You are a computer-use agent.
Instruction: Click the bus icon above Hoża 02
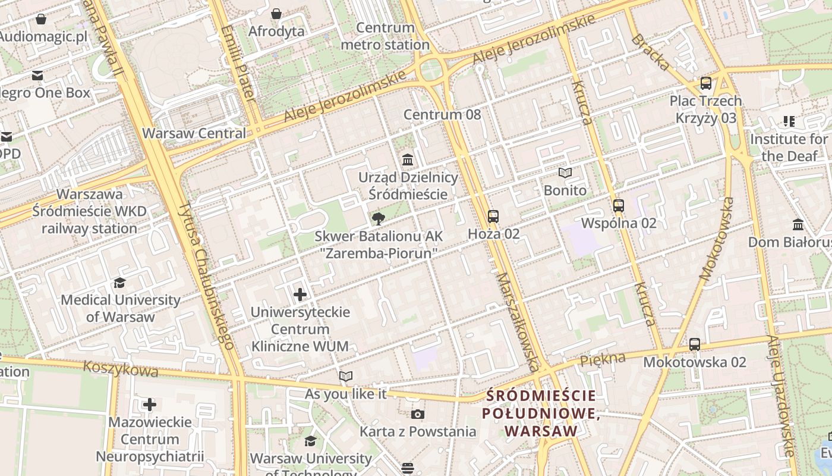[x=493, y=216]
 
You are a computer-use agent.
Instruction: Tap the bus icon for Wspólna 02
[x=619, y=206]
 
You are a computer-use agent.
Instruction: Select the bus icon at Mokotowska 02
[x=694, y=344]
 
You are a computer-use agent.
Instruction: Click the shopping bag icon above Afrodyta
[x=276, y=13]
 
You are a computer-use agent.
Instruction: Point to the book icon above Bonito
[x=565, y=173]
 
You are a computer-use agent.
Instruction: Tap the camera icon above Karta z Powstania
[x=417, y=414]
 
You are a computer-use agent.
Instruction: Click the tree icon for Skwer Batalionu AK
[x=378, y=219]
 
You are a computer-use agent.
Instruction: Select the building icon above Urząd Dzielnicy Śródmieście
[x=408, y=159]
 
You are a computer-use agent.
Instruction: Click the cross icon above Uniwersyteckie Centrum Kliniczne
[x=300, y=294]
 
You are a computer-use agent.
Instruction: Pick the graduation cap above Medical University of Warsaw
[x=120, y=283]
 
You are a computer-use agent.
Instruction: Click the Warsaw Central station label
[x=194, y=133]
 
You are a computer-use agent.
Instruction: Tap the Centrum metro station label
[x=385, y=36]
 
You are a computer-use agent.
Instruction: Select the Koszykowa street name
[x=121, y=369]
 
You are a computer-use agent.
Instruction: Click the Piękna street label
[x=603, y=359]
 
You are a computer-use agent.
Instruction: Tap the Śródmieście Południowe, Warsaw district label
[x=541, y=413]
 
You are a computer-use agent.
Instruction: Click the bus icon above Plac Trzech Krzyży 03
[x=706, y=83]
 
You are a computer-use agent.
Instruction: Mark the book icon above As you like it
[x=345, y=376]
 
